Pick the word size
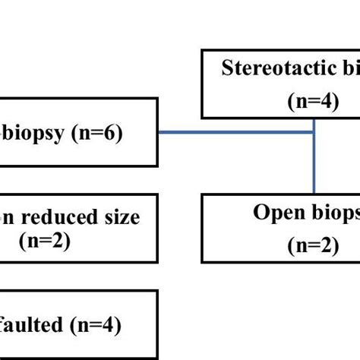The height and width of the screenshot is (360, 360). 122,217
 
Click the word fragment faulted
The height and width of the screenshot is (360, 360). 30,327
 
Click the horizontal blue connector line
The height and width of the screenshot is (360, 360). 235,132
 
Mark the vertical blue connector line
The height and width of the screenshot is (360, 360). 314,163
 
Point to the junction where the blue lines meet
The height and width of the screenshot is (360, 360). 314,132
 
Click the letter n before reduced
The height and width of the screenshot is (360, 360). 6,218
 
